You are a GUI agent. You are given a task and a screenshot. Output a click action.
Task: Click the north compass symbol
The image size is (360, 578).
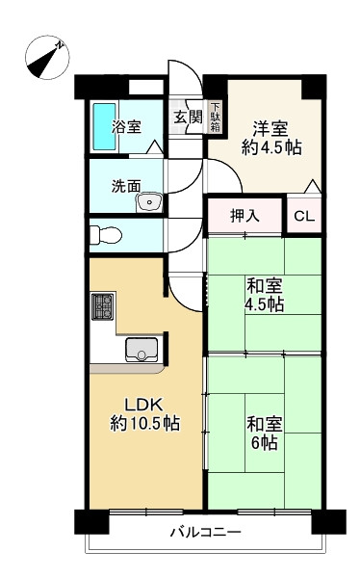47,58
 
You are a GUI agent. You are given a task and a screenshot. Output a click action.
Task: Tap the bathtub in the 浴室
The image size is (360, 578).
104,127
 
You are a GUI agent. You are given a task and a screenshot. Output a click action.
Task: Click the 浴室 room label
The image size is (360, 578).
126,127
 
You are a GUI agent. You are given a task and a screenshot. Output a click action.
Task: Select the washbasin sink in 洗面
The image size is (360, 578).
149,202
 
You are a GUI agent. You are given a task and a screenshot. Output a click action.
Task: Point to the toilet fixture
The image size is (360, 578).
106,235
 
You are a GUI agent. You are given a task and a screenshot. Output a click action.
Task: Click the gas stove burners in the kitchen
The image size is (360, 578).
102,306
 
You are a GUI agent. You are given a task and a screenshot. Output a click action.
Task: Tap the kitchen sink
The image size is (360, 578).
141,349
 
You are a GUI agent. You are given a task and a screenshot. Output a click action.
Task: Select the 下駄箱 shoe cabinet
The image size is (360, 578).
216,118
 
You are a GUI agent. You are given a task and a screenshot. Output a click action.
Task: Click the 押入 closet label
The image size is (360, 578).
244,216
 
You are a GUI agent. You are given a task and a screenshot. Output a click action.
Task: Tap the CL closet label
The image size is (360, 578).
304,217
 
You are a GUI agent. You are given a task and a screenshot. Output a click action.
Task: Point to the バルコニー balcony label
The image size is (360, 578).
206,532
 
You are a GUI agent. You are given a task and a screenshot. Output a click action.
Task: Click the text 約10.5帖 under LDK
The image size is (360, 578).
145,423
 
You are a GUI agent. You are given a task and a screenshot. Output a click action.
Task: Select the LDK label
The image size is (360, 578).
143,405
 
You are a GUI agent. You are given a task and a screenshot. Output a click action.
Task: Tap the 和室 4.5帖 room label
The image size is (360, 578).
265,296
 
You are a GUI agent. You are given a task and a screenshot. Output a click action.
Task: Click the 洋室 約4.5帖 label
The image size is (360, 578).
271,138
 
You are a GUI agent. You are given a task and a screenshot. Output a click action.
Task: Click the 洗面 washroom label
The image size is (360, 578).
126,186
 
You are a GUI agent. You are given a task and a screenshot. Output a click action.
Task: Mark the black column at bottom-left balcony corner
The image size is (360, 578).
91,521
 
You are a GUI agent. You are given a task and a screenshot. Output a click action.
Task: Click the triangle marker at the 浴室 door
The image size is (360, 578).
154,147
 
